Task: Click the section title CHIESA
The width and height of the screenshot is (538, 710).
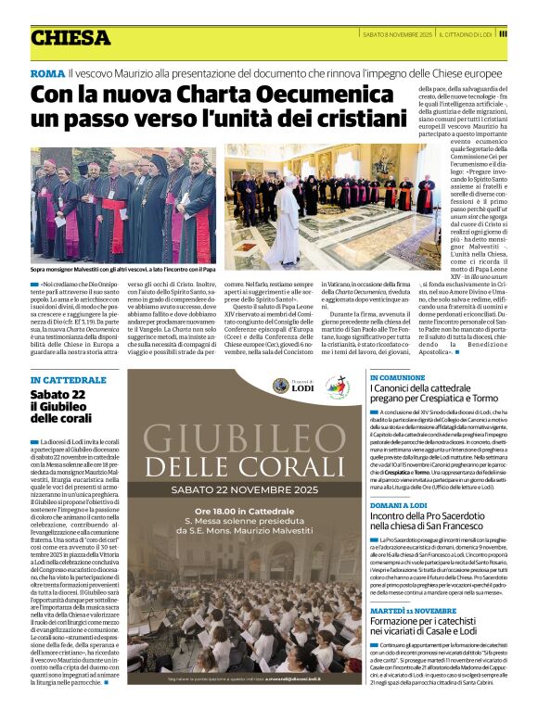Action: pos(70,38)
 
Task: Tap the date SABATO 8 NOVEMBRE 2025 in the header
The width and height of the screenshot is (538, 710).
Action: pos(396,34)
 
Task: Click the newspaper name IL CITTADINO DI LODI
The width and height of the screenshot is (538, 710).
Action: pos(480,34)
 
